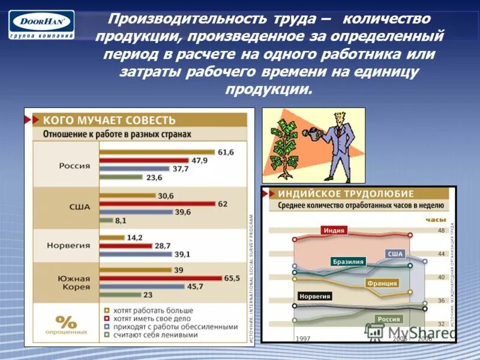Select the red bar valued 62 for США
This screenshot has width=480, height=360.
point(157,204)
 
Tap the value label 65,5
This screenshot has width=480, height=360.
point(232,278)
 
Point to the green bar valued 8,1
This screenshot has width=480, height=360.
point(106,221)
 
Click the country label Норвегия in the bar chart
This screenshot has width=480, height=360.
point(74,245)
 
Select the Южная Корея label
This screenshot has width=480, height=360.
point(74,283)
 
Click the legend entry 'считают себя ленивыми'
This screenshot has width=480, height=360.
point(155,335)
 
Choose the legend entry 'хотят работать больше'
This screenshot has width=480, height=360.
point(149,311)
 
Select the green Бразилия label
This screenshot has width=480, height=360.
point(348,262)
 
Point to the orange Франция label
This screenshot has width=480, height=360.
point(382,283)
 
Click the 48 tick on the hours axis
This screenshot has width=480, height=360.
point(441,230)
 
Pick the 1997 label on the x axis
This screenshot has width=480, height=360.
point(302,339)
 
